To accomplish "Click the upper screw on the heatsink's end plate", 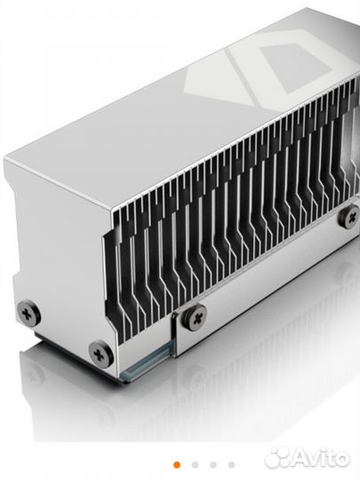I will pyautogui.click(x=29, y=312).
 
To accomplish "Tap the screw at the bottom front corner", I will pyautogui.click(x=100, y=354).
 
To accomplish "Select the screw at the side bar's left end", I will pyautogui.click(x=196, y=313).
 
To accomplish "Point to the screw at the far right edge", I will pyautogui.click(x=352, y=215).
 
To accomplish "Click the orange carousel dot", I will pyautogui.click(x=176, y=463).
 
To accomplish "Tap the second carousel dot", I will pyautogui.click(x=195, y=463).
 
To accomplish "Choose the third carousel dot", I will pyautogui.click(x=213, y=463).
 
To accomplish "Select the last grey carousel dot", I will pyautogui.click(x=232, y=463).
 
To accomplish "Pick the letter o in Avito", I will pyautogui.click(x=342, y=459).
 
